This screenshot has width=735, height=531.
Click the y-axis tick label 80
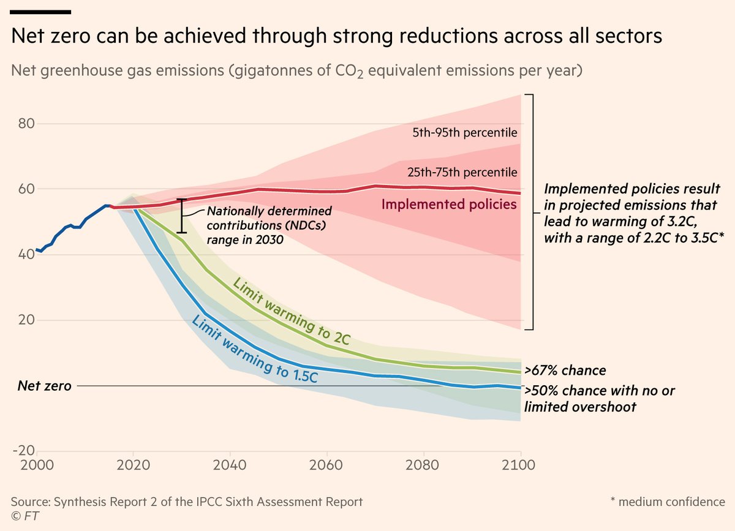[25, 124]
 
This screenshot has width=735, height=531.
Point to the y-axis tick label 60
[25, 189]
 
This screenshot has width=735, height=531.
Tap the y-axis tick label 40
[25, 254]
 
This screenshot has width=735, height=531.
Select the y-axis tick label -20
[23, 451]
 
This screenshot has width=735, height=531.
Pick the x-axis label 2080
[423, 465]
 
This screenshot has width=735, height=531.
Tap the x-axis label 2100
[520, 465]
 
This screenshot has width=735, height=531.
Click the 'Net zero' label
[44, 386]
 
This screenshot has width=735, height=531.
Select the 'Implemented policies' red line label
[449, 205]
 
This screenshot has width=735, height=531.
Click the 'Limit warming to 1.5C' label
[255, 349]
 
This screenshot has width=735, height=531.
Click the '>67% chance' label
[565, 371]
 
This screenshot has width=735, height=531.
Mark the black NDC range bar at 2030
[181, 216]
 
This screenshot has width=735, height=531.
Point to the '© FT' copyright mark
[23, 516]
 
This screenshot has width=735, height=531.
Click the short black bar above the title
[41, 12]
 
